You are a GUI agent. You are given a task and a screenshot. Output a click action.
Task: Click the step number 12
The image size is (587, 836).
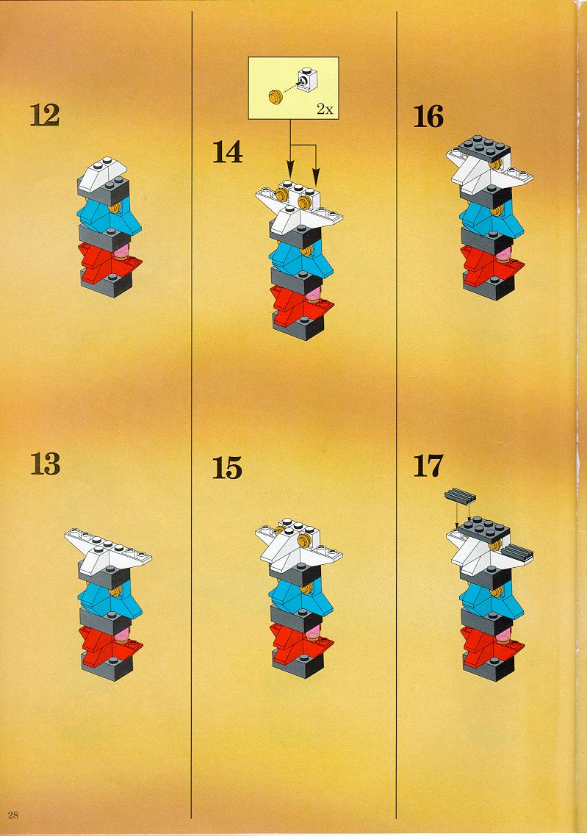(x=45, y=115)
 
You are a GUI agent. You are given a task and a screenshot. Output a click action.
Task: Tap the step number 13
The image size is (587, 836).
(x=45, y=464)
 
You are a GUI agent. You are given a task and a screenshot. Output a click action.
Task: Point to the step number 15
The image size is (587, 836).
(x=227, y=467)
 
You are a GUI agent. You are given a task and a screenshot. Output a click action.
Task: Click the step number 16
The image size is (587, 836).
(x=428, y=116)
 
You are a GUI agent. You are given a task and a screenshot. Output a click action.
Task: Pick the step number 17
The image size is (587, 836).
(x=428, y=466)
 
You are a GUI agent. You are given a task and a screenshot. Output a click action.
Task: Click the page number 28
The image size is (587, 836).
(x=13, y=815)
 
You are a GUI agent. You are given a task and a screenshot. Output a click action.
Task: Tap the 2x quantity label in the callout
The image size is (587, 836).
(x=325, y=109)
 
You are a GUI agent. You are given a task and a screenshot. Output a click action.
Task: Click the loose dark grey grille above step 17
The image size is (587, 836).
(x=460, y=497)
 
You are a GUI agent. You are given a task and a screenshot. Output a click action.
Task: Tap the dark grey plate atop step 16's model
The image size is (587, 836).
(x=483, y=147)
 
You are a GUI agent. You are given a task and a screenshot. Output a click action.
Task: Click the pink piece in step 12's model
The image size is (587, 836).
(x=122, y=250)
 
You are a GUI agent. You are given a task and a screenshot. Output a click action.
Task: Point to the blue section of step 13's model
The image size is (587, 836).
(x=109, y=597)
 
